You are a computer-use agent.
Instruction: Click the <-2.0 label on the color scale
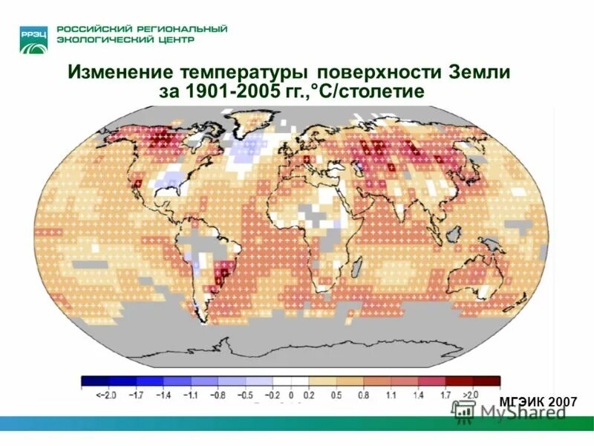(95, 394)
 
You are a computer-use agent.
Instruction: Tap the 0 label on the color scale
(292, 394)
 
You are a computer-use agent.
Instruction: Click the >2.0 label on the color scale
(469, 394)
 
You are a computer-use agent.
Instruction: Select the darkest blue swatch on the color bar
(92, 381)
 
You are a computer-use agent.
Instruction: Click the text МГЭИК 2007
(538, 402)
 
